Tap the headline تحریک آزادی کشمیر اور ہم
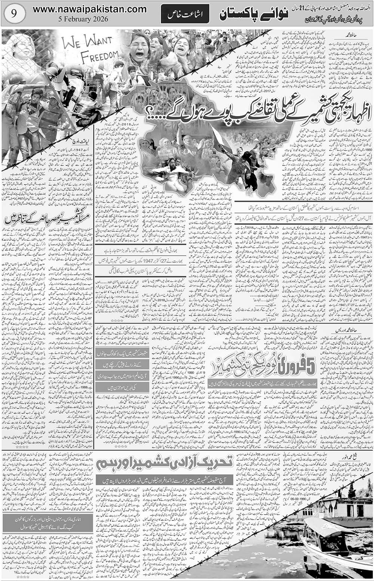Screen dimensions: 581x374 tap(165, 464)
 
